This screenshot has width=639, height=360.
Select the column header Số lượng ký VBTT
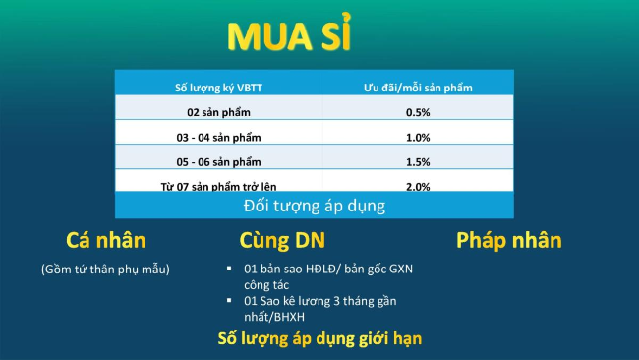tap(213, 89)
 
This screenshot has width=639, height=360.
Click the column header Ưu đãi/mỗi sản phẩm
tap(417, 89)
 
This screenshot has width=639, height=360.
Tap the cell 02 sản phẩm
tap(213, 112)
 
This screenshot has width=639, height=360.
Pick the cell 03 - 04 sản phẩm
tap(213, 137)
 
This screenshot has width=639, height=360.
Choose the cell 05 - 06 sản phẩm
tap(213, 161)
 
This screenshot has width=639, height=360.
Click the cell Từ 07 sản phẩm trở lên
tap(213, 184)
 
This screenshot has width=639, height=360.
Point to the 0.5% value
tap(418, 112)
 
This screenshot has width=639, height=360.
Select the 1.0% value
tap(418, 137)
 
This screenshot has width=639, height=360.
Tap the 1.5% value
tap(418, 161)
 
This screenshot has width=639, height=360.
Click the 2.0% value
tap(418, 184)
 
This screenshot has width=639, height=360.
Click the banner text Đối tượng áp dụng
tap(314, 206)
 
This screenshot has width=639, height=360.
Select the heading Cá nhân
tap(105, 241)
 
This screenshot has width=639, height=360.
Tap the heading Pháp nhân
tap(508, 241)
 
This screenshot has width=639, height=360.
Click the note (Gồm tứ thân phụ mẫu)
tap(105, 269)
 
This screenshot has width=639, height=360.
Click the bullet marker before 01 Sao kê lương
tap(228, 299)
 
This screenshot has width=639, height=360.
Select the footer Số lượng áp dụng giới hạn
tap(319, 339)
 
